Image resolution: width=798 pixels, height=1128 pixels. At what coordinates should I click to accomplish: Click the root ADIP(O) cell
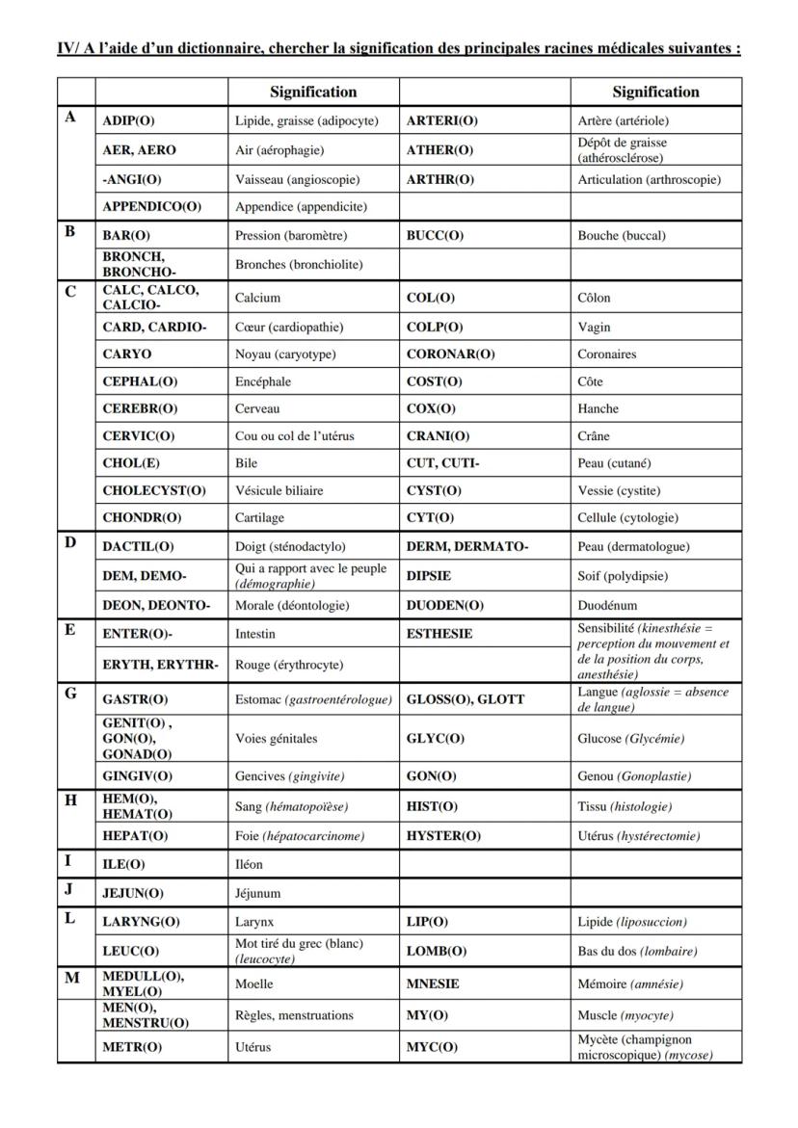pyautogui.click(x=128, y=120)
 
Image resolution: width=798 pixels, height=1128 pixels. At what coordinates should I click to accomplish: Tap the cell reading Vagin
pyautogui.click(x=594, y=328)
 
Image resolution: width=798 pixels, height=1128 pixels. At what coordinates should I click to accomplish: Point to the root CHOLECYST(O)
pyautogui.click(x=154, y=490)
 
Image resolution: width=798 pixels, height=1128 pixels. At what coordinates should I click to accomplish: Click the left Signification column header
pyautogui.click(x=313, y=92)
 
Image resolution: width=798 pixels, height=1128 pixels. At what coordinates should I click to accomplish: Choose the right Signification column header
pyautogui.click(x=655, y=92)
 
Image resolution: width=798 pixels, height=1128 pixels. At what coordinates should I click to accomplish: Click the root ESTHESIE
pyautogui.click(x=439, y=634)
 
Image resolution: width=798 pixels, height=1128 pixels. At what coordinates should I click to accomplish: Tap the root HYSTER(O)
pyautogui.click(x=443, y=836)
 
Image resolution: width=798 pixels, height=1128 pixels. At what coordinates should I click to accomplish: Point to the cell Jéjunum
pyautogui.click(x=258, y=893)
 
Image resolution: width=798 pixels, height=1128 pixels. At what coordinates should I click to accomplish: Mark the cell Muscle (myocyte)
pyautogui.click(x=625, y=1015)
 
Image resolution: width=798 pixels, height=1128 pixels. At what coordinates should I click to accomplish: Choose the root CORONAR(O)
pyautogui.click(x=450, y=354)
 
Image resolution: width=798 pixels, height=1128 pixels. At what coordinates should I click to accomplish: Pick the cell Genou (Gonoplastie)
pyautogui.click(x=634, y=776)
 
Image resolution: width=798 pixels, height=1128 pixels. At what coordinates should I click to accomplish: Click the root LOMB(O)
pyautogui.click(x=437, y=951)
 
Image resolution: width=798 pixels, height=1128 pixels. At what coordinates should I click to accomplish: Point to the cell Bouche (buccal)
pyautogui.click(x=622, y=235)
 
